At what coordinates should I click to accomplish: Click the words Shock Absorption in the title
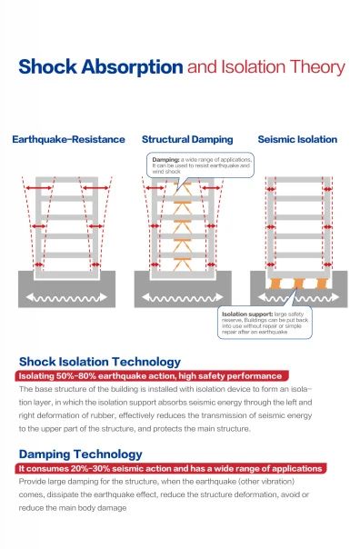click(x=101, y=67)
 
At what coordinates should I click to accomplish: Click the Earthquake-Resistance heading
click(x=69, y=139)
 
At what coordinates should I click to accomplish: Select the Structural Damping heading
click(x=187, y=140)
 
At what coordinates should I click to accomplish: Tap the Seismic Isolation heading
click(x=297, y=139)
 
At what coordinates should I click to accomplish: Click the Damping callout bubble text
click(x=202, y=165)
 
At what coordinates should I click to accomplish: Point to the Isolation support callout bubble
click(x=265, y=323)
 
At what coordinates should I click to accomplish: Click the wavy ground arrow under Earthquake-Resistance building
click(x=66, y=297)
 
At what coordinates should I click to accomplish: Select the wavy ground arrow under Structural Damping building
click(x=183, y=297)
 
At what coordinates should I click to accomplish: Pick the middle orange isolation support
click(x=299, y=284)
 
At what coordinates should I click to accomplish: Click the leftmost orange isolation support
click(x=275, y=284)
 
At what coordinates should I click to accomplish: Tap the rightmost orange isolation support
click(x=322, y=284)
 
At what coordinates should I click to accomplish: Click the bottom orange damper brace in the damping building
click(x=183, y=265)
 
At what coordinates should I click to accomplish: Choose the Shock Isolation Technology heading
click(x=100, y=362)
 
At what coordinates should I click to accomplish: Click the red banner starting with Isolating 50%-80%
click(x=152, y=376)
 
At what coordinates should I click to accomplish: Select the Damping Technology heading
click(x=81, y=454)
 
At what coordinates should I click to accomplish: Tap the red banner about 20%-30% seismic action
click(x=171, y=468)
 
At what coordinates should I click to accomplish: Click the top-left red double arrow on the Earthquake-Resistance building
click(x=39, y=188)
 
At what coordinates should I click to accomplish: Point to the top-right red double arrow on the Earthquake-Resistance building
click(x=96, y=188)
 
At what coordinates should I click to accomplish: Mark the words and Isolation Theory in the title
click(x=266, y=67)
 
